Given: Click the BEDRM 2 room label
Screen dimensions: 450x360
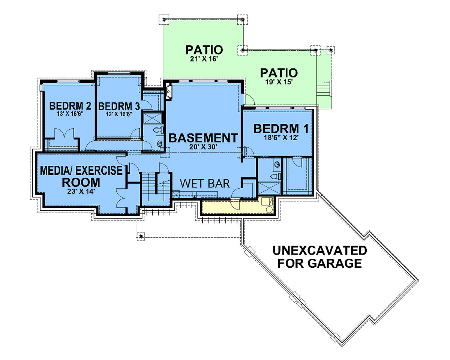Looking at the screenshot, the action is point(70,106).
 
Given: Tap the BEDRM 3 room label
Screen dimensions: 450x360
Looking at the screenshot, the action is point(119,106).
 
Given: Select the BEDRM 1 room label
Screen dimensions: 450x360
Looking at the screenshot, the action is point(281,129).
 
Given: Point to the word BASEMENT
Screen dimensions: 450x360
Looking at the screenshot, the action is point(203,138).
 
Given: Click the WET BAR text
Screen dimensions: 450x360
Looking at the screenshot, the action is point(205,183).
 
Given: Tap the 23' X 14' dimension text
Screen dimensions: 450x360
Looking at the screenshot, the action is point(81,191).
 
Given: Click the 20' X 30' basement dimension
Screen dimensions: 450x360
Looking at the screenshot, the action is point(202,147).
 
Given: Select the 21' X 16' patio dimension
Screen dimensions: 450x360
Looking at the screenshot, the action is point(204,59).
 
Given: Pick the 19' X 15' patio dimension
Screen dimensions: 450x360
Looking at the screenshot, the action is point(279,82).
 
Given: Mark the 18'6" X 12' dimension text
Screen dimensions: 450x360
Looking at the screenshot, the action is point(281,138).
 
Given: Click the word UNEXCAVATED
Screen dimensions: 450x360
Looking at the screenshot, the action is point(320,250).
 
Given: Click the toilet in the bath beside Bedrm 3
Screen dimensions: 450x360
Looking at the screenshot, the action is point(158,130).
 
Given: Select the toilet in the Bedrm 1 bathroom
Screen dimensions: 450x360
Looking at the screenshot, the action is point(275,176).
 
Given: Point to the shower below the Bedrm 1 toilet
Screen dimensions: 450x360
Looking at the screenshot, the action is point(270,188).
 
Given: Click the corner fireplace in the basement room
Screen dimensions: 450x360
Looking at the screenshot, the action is point(169,91).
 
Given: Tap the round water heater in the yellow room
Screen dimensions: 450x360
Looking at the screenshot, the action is point(269,209).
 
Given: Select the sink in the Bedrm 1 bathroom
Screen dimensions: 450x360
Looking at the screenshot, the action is point(277,164).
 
